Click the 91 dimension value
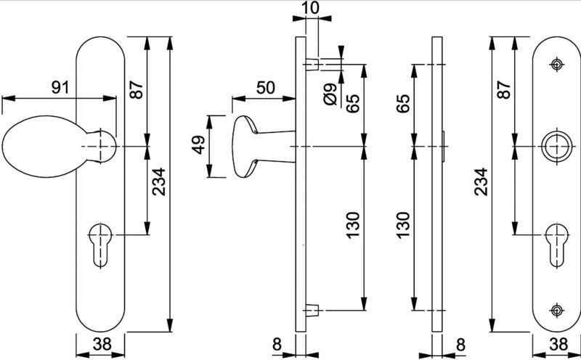tap(60, 87)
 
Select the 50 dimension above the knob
tap(266, 88)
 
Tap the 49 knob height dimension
tap(198, 145)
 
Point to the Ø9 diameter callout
tap(330, 94)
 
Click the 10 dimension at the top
tap(310, 8)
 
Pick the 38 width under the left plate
tap(102, 344)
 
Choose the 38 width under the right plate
tap(558, 344)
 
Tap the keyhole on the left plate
tap(100, 245)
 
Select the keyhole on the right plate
tap(557, 245)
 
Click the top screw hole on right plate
tap(556, 65)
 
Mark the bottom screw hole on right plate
tap(556, 310)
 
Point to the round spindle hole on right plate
tap(556, 147)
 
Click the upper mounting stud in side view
tap(312, 64)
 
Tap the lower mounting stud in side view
tap(312, 310)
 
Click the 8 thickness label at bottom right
tap(460, 345)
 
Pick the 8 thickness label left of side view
tap(277, 345)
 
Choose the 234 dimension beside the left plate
tap(159, 181)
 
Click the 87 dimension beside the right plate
tap(504, 89)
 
